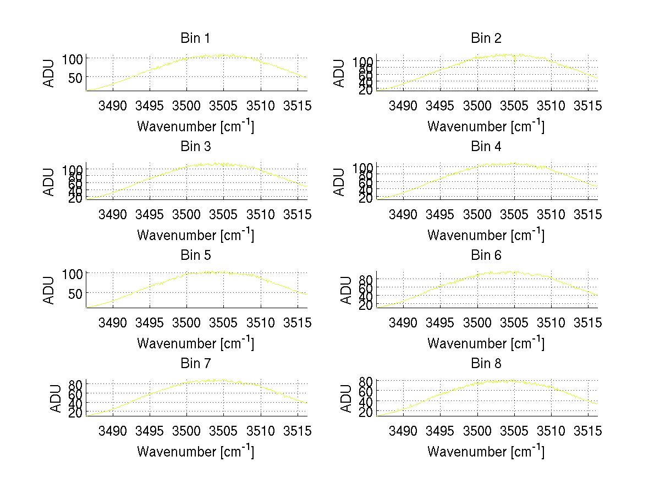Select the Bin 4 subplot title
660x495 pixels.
(x=486, y=147)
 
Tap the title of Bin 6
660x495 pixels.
(x=486, y=255)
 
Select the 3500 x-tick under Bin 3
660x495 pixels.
(x=186, y=214)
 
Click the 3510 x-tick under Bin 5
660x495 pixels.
(x=260, y=322)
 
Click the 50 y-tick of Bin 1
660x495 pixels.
(x=75, y=77)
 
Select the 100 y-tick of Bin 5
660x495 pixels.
(x=73, y=273)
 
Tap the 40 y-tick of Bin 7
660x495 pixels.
(x=75, y=403)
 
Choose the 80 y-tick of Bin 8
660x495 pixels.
(x=366, y=380)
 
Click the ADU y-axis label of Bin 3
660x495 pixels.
(x=50, y=182)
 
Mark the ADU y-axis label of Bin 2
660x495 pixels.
(x=340, y=74)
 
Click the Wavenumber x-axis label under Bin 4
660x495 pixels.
(x=486, y=235)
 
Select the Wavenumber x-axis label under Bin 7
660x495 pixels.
(x=195, y=451)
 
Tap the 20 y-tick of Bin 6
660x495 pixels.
(x=366, y=305)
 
